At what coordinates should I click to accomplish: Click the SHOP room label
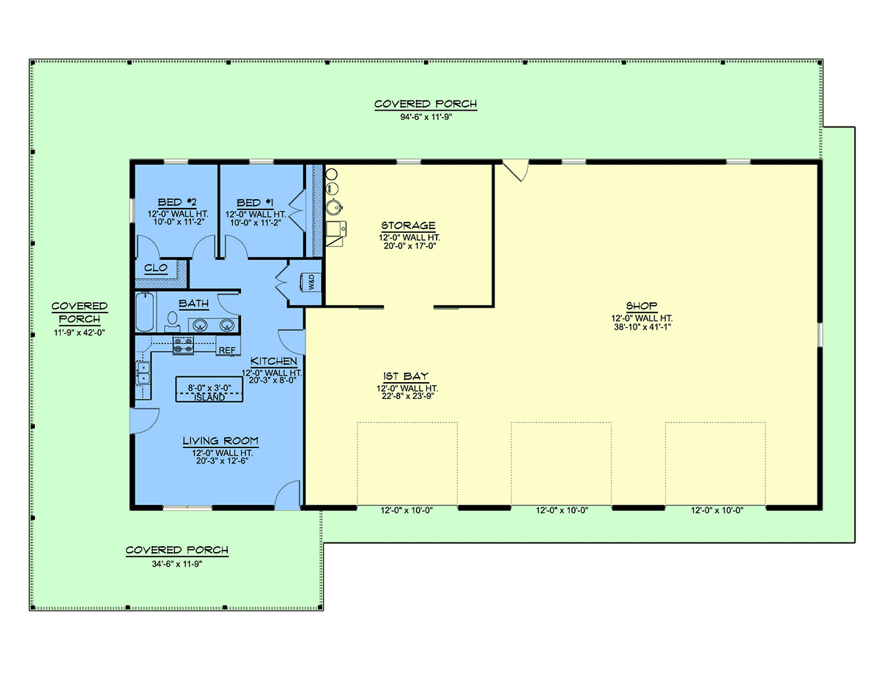click(x=641, y=305)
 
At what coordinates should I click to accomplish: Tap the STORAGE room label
click(x=408, y=225)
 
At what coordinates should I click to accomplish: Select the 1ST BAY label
click(x=405, y=376)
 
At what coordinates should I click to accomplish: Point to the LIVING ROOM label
click(x=220, y=441)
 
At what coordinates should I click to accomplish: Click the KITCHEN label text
click(x=273, y=361)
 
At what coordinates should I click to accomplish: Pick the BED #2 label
click(x=177, y=202)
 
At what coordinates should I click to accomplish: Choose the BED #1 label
click(x=255, y=203)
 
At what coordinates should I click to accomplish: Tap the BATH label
click(x=194, y=303)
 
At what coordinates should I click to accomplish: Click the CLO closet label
click(x=156, y=267)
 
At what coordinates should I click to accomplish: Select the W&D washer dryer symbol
click(x=311, y=282)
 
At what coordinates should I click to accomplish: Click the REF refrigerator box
click(x=228, y=346)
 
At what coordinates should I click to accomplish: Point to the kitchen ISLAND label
click(x=209, y=398)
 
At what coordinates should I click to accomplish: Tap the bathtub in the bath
click(x=145, y=313)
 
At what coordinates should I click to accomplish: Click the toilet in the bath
click(x=173, y=322)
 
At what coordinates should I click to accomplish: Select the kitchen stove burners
click(x=183, y=346)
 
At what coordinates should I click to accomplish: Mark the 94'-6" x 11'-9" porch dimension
click(x=426, y=117)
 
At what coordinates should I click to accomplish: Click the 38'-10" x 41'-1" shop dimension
click(x=642, y=327)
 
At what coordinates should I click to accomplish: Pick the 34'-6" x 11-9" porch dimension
click(x=177, y=564)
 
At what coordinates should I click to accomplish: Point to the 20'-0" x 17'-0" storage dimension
click(x=409, y=246)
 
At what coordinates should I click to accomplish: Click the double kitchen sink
click(x=143, y=373)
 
